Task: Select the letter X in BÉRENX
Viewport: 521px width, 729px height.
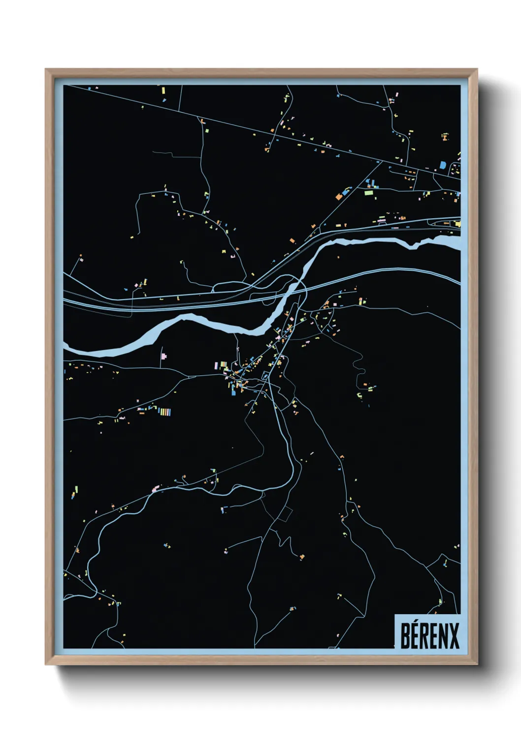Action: (x=454, y=636)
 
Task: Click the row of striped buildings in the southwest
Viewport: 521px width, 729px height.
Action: (x=164, y=412)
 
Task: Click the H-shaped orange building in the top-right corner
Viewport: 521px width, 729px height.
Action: (x=445, y=136)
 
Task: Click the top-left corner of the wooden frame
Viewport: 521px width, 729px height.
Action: (x=46, y=70)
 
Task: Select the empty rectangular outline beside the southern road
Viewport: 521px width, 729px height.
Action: (x=285, y=514)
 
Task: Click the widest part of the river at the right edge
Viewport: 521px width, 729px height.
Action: (x=446, y=242)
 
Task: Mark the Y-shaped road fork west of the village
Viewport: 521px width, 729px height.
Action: (x=189, y=377)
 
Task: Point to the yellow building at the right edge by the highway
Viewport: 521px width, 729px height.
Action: (x=457, y=224)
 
